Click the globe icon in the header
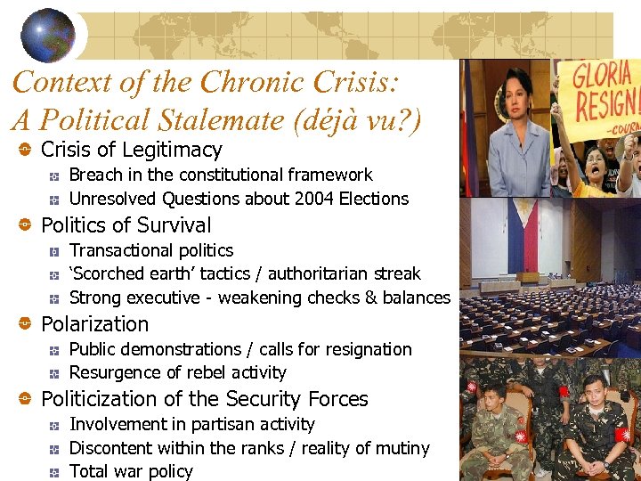point(48,35)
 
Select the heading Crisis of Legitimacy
point(132,150)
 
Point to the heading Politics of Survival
point(126,225)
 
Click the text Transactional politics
point(151,250)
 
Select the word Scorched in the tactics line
point(112,273)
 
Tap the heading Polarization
point(95,324)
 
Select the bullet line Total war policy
point(131,471)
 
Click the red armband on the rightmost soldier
point(622,435)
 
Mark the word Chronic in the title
point(254,83)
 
